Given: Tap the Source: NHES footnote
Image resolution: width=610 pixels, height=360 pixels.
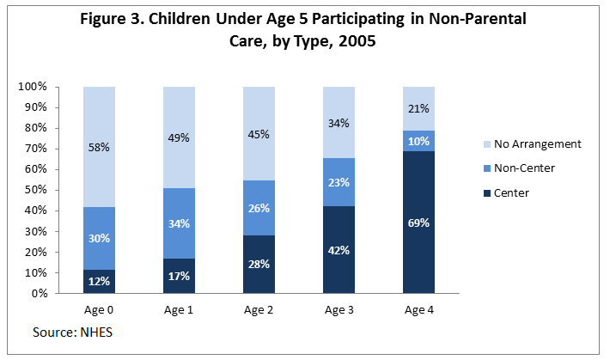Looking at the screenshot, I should (73, 332).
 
